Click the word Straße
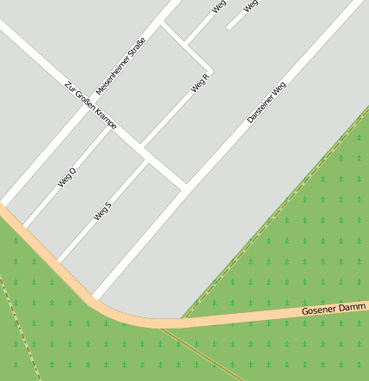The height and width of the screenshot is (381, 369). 136,47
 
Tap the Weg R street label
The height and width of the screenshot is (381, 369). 200,83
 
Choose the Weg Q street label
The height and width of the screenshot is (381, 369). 67,177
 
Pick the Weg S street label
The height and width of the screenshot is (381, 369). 103,211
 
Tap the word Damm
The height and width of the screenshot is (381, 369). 354,306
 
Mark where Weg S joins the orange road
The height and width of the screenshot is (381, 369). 58,261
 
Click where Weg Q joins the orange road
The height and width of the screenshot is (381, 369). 25,226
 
